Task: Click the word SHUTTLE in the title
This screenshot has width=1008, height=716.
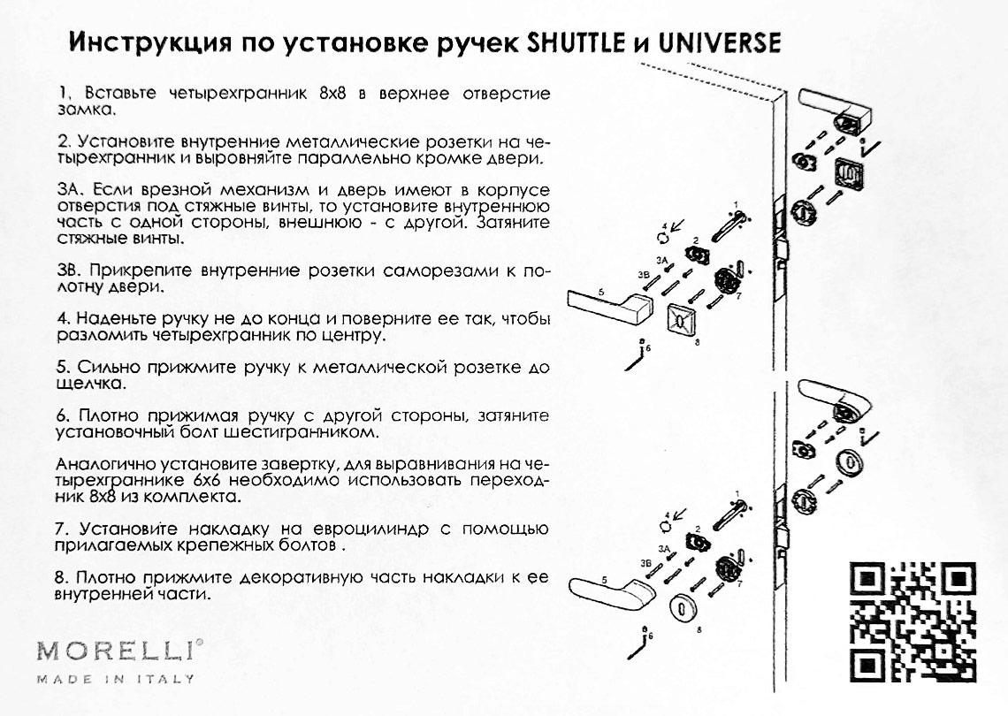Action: [576, 43]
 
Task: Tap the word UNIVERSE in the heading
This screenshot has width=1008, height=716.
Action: [720, 43]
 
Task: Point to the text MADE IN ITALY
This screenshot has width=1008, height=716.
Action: [116, 679]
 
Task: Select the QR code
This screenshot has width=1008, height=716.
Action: [913, 621]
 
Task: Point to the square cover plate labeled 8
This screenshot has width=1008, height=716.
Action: [683, 317]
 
